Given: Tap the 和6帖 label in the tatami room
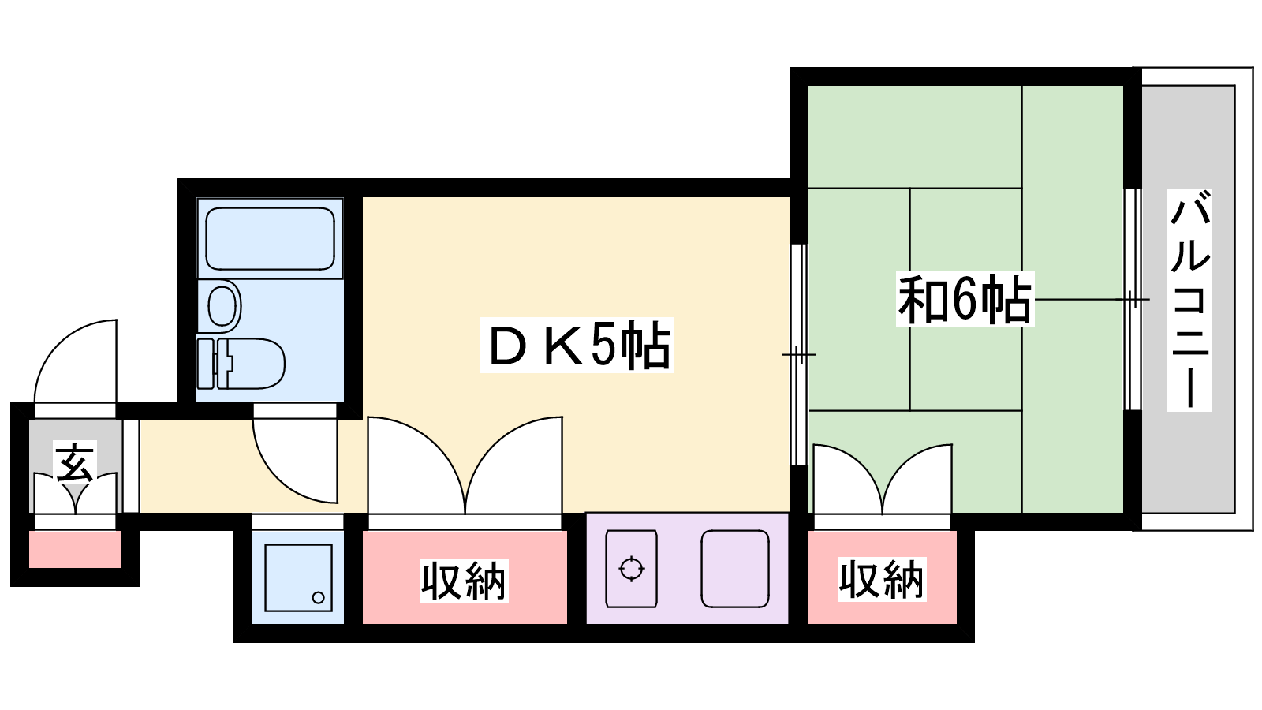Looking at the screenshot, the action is click(x=965, y=299).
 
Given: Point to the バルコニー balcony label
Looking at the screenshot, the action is click(x=1189, y=300).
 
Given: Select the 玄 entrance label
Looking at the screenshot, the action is click(x=75, y=461).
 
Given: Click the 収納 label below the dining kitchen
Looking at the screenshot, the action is click(x=464, y=581).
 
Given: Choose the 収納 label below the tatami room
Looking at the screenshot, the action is click(x=882, y=579).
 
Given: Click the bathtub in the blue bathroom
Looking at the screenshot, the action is click(x=270, y=238).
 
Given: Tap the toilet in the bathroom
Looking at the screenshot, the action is click(x=241, y=364).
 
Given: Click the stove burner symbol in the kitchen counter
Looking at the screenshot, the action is click(x=631, y=569).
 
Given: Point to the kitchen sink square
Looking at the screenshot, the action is click(x=734, y=569).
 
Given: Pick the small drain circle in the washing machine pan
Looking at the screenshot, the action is click(x=319, y=597).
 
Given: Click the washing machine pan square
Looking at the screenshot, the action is click(x=298, y=577).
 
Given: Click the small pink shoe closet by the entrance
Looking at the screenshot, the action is click(x=75, y=549).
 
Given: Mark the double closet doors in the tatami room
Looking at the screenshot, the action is click(x=883, y=479).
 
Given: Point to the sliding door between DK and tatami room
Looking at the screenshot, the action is click(x=799, y=355).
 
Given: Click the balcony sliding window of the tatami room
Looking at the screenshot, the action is click(x=1133, y=299).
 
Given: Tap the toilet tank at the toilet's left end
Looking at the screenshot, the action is click(x=206, y=364).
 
